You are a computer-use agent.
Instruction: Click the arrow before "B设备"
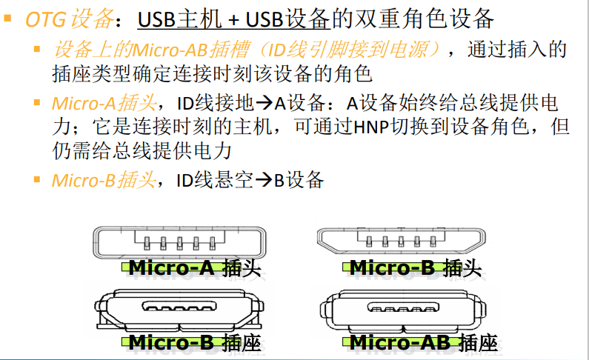tap(264, 179)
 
